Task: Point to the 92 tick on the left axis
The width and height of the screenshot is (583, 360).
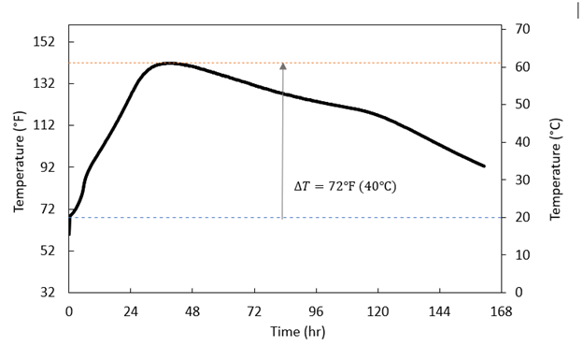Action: (48, 167)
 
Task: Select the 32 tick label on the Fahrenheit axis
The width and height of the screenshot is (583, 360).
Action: (48, 293)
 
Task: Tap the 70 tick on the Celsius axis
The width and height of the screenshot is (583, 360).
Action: (523, 30)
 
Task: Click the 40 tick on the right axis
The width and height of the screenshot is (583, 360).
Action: (523, 142)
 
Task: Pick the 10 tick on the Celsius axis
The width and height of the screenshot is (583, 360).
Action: (523, 255)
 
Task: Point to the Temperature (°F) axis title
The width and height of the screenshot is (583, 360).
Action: (20, 161)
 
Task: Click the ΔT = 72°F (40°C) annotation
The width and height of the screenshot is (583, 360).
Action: (345, 187)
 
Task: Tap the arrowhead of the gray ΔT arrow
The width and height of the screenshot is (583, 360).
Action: (282, 66)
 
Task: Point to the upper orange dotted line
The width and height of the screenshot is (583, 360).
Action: (392, 63)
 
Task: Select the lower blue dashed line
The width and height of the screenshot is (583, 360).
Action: (392, 218)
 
